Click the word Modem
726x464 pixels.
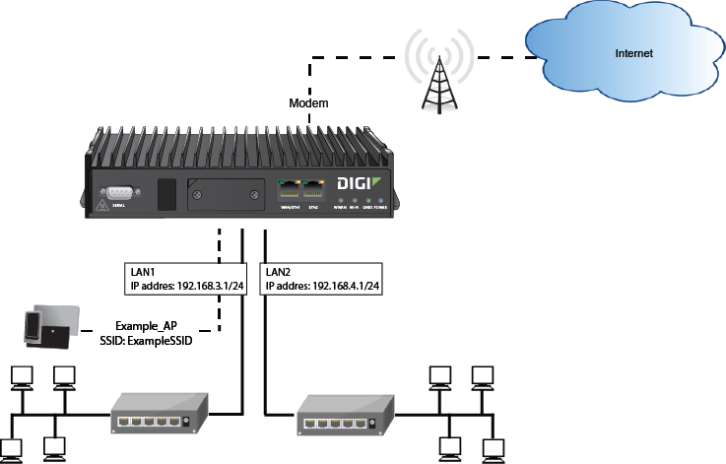[307, 103]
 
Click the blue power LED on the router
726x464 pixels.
[381, 199]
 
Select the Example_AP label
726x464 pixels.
[145, 326]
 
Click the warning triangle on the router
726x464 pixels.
[101, 204]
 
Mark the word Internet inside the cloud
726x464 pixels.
[633, 53]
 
